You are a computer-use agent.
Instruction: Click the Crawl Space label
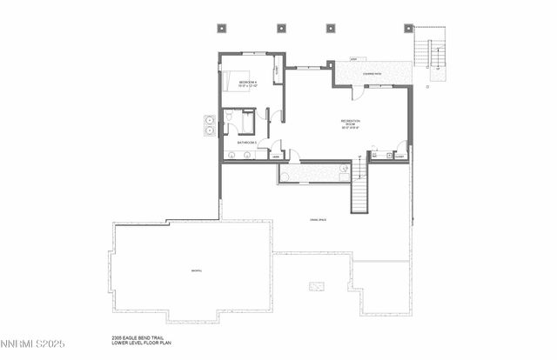tap(318, 219)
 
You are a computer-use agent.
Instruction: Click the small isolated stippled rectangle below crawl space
tap(318, 285)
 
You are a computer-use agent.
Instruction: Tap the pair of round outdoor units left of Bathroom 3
tap(211, 125)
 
